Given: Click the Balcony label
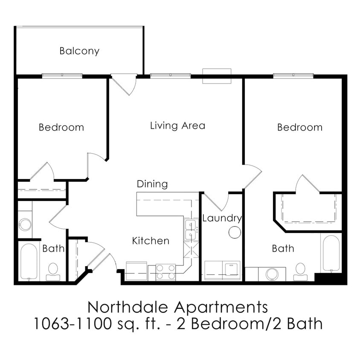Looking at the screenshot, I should [x=79, y=51].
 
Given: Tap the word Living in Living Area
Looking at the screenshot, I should [x=164, y=125].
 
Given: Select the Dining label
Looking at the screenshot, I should [x=152, y=184].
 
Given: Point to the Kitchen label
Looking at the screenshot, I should [x=151, y=241].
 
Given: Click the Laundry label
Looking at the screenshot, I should [x=222, y=218].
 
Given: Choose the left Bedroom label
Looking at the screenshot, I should [x=61, y=127].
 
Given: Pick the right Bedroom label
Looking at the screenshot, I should [x=300, y=127].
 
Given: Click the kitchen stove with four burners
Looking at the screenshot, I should [x=165, y=272].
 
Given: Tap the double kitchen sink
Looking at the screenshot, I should [x=190, y=230].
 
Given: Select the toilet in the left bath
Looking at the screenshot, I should [x=53, y=270].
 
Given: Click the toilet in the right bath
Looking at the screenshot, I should [x=300, y=271].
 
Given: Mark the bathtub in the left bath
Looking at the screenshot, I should [x=29, y=261].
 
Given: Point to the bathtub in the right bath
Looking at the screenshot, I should [x=331, y=253].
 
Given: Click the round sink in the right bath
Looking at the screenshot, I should [x=272, y=274].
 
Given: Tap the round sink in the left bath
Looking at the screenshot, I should [x=25, y=224].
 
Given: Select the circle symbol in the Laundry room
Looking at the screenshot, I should [x=234, y=232].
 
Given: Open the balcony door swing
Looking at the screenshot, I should [x=125, y=84].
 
